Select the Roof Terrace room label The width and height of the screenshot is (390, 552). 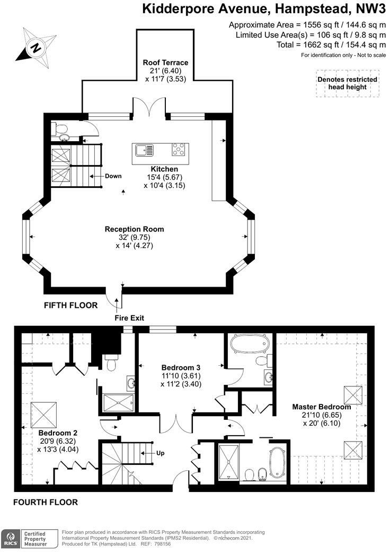165,63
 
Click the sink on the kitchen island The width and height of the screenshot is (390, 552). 145,150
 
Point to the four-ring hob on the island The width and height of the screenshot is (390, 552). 179,150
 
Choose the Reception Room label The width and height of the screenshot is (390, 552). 134,229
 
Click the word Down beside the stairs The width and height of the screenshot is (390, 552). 113,176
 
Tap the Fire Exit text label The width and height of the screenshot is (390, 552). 129,318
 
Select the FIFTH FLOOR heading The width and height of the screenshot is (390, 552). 71,305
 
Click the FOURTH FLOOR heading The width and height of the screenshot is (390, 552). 46,502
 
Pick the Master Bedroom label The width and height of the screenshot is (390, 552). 321,407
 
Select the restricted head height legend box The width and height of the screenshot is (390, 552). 347,83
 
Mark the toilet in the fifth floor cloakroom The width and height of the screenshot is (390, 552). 60,128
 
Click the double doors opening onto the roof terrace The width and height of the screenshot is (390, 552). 150,108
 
